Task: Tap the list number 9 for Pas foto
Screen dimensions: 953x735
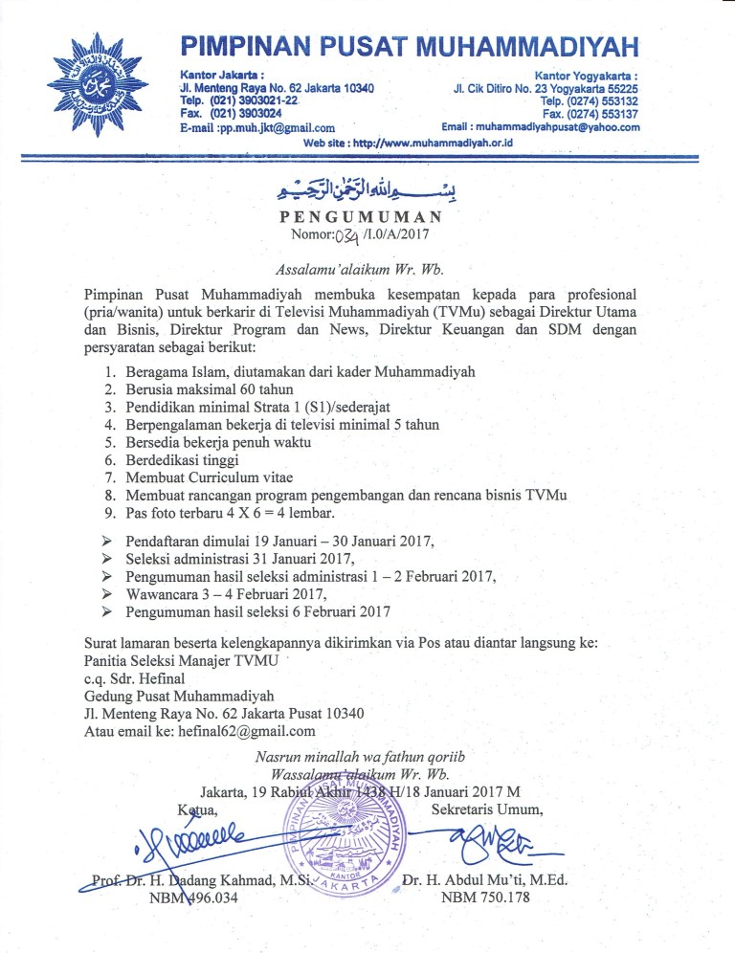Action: coord(109,513)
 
